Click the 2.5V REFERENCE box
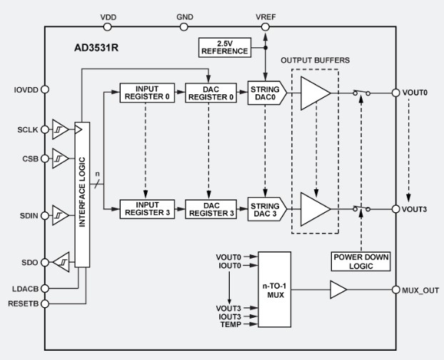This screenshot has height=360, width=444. tap(224, 47)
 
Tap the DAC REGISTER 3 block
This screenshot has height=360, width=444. tap(208, 209)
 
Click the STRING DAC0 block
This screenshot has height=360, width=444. tap(266, 93)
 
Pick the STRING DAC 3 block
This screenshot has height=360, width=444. tap(266, 209)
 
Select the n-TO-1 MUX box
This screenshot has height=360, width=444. tap(275, 290)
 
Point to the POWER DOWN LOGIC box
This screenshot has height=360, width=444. tap(361, 260)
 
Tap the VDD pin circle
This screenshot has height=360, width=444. tap(108, 27)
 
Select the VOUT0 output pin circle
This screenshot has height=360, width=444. tap(395, 93)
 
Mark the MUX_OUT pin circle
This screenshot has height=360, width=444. tap(395, 290)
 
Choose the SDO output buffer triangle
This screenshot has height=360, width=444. tap(61, 261)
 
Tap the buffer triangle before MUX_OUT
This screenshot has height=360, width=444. tap(338, 290)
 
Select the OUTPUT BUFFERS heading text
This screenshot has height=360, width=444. tap(316, 59)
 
